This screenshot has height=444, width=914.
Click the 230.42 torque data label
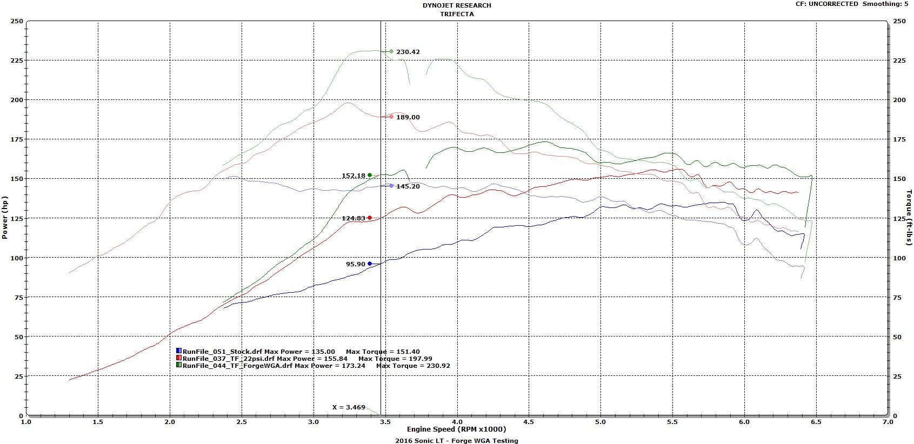[x=408, y=52]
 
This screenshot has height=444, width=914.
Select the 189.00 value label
[x=408, y=117]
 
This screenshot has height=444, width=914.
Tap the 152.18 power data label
[x=353, y=176]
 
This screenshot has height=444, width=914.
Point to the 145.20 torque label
[x=408, y=186]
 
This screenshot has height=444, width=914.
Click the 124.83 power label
[x=353, y=218]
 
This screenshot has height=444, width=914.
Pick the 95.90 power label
[x=356, y=264]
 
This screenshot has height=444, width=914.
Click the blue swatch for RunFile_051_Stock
[x=179, y=351]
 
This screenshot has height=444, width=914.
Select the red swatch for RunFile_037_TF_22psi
[x=179, y=358]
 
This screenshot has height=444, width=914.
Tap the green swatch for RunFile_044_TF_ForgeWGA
[x=179, y=365]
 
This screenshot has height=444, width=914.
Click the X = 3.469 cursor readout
[x=349, y=407]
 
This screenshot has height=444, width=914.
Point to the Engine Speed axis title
[x=457, y=429]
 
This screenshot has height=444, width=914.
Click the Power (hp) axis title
[x=5, y=218]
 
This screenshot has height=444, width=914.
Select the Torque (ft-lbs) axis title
[x=909, y=218]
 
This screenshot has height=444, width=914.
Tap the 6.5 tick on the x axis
[x=816, y=422]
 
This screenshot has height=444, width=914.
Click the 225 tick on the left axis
[x=17, y=60]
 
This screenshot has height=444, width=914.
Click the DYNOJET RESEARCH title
[x=457, y=5]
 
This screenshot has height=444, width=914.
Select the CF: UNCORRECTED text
[x=826, y=4]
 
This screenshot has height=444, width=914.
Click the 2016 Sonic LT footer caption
[x=457, y=440]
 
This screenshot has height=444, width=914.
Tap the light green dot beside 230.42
[x=391, y=52]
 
